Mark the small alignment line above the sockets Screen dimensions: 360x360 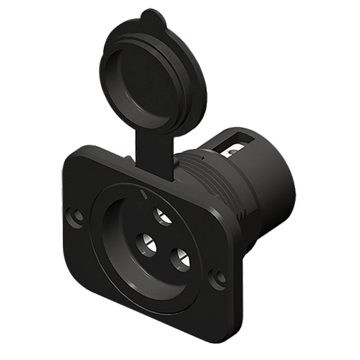coord(144,194)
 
